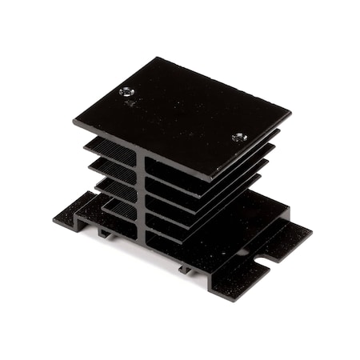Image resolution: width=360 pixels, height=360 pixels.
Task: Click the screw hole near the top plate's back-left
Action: [x=127, y=91]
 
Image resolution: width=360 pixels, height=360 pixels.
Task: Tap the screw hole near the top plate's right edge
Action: [x=239, y=137]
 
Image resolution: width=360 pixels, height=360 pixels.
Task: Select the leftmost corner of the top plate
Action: [x=74, y=122]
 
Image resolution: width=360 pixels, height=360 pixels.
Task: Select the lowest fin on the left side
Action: [x=118, y=209]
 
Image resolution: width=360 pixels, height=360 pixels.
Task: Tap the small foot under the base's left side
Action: [x=104, y=233]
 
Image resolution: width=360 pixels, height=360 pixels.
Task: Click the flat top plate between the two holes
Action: [x=182, y=114]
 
